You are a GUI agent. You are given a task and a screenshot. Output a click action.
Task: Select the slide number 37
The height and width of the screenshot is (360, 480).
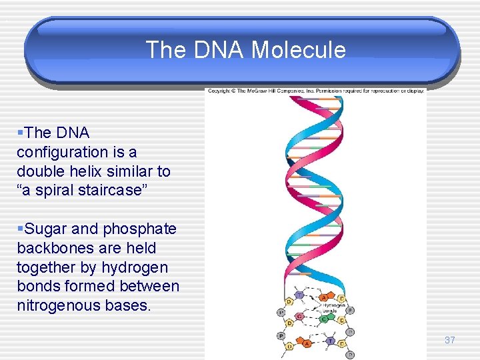coord(450,340)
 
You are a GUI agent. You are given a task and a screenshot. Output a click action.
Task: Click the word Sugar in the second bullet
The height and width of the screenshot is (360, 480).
coord(46,229)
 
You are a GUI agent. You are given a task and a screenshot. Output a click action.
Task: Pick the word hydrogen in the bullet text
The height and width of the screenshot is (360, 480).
coord(136,267)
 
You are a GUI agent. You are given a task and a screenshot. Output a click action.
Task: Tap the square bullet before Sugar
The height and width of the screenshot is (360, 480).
coord(20,229)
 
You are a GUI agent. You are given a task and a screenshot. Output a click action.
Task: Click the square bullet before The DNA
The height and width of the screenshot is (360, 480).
coord(20,133)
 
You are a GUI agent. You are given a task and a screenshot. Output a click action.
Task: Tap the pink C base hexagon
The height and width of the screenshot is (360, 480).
coord(300,316)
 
